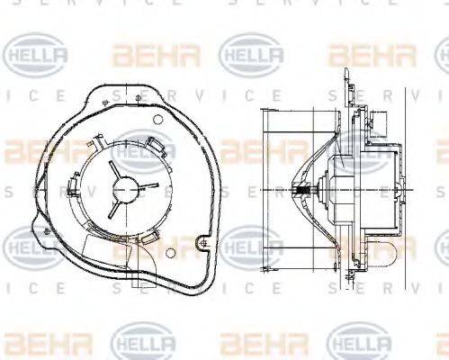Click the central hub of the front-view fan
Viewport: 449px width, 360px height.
[x=124, y=189]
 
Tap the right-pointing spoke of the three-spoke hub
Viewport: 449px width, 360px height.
[x=143, y=186]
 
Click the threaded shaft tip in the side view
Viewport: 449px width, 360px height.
[x=304, y=192]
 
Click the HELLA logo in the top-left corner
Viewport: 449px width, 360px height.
[x=36, y=55]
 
